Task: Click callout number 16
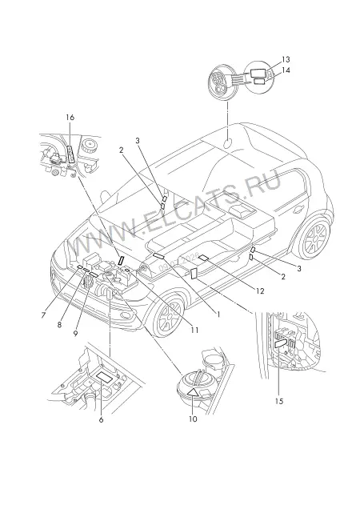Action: (70, 117)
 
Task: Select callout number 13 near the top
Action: (286, 59)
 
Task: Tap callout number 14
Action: (286, 70)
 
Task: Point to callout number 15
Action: (279, 401)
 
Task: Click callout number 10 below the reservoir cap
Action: (193, 419)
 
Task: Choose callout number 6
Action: (102, 420)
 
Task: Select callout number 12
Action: (260, 291)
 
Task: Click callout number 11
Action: (194, 331)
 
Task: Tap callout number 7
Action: (43, 315)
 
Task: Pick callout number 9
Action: (75, 334)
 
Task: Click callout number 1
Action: (218, 315)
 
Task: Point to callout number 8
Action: (59, 325)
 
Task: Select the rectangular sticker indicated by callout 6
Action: (104, 377)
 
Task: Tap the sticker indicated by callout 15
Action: (281, 344)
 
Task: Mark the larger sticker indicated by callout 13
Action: (258, 73)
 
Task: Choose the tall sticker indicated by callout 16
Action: (70, 154)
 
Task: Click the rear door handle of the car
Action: (298, 210)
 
